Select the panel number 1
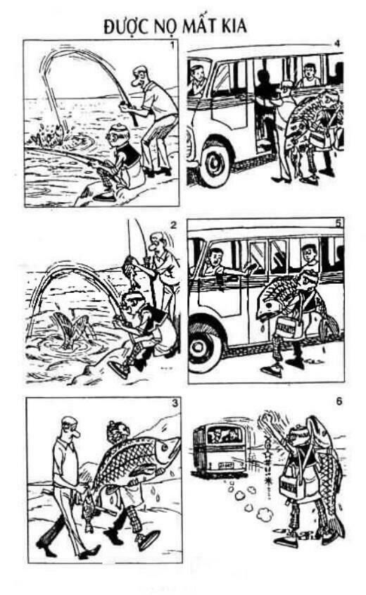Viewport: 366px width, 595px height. [172, 46]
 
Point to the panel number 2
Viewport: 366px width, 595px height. [172, 225]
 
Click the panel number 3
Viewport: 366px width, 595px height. [171, 403]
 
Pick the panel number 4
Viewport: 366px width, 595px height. [338, 44]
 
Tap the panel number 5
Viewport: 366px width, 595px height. [338, 223]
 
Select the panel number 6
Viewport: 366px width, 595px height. [339, 402]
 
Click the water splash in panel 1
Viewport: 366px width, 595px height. [46, 131]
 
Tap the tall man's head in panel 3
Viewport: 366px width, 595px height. [68, 426]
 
